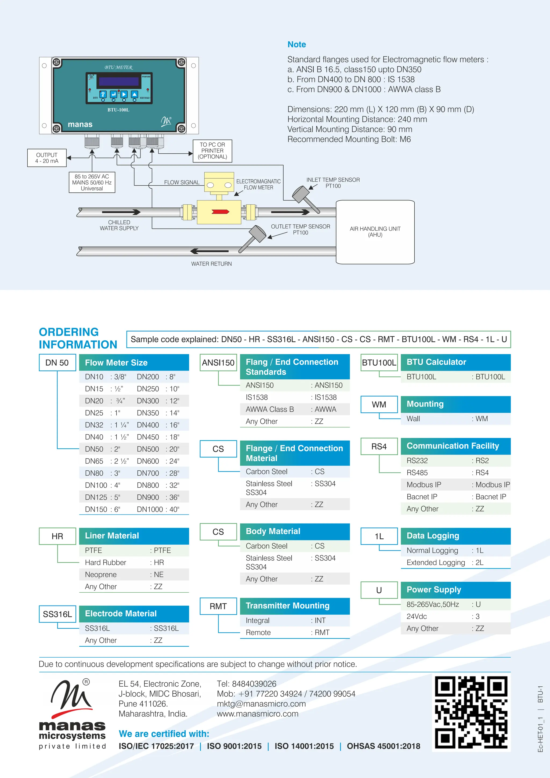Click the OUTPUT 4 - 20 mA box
(x=47, y=158)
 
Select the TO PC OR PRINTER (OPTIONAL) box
(x=212, y=151)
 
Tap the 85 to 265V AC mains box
(x=92, y=182)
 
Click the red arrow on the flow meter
(x=220, y=212)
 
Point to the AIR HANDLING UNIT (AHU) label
(x=375, y=232)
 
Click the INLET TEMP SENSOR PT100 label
(x=333, y=183)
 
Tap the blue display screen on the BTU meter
(x=119, y=82)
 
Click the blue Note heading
(x=296, y=44)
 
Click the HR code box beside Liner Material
(x=57, y=536)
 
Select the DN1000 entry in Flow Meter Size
(x=148, y=509)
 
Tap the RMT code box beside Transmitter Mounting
(x=218, y=606)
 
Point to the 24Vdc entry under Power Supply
(x=417, y=616)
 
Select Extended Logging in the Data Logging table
(x=436, y=563)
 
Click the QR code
(x=471, y=712)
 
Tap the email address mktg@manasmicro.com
(x=261, y=704)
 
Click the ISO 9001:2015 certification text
(x=234, y=746)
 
